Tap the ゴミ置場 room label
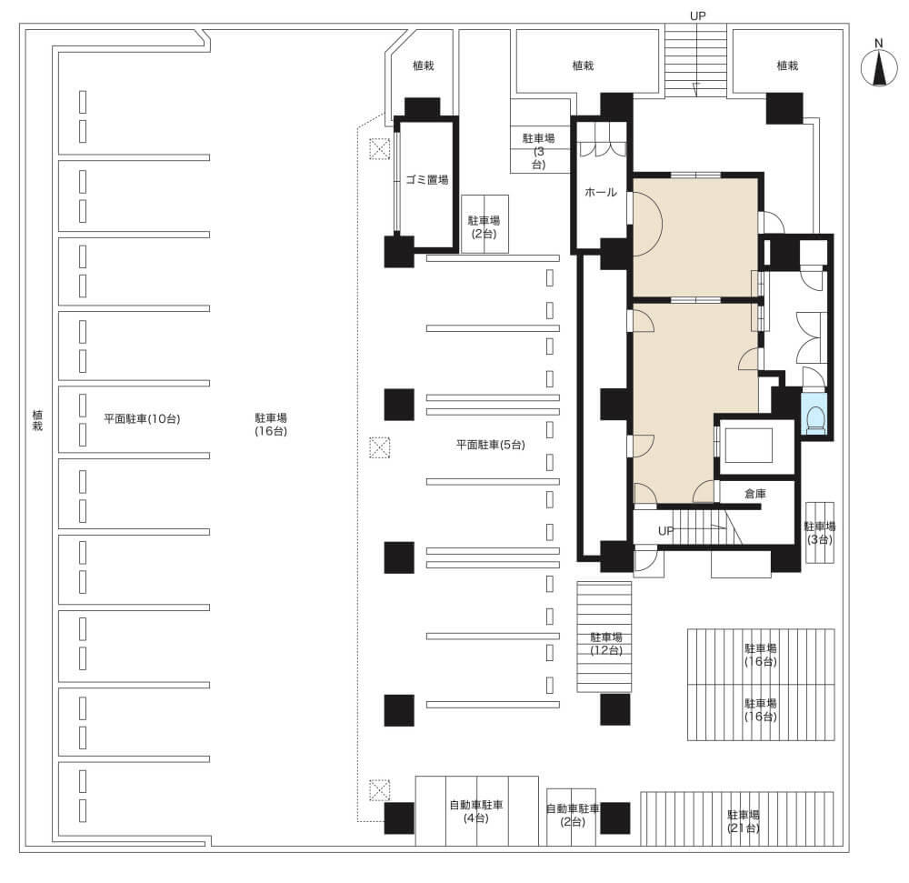pos(426,180)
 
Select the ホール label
pos(601,192)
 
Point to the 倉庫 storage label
pos(754,494)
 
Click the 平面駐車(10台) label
pos(142,418)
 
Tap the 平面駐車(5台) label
pos(491,445)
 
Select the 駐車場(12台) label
pos(606,644)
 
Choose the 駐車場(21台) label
pos(744,821)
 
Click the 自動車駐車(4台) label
pos(476,812)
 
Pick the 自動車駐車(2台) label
pos(573,815)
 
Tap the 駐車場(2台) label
pos(484,226)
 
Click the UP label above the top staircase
pos(697,16)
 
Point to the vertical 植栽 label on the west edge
pos(37,420)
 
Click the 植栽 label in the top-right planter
pos(787,65)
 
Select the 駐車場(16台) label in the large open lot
pos(271,425)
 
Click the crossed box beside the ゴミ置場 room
pos(380,149)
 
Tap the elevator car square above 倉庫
pos(748,446)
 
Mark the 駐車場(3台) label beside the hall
pos(538,151)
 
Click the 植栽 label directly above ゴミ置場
pos(424,65)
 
